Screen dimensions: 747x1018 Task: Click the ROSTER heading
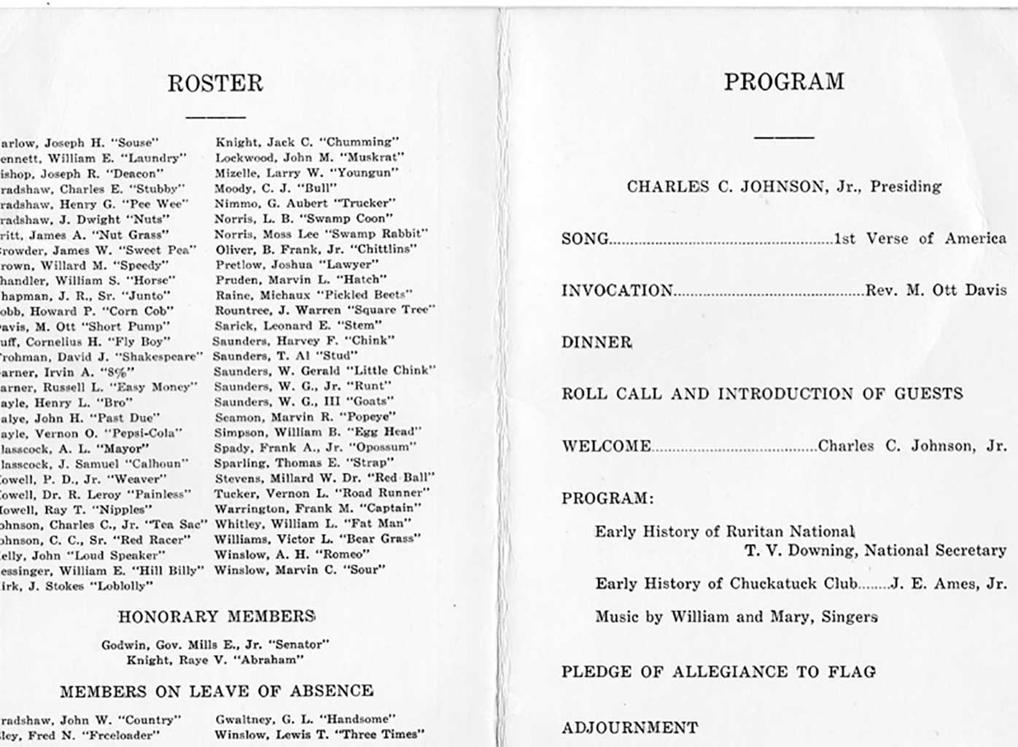pos(215,83)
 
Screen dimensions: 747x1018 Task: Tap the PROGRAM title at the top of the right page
pos(784,81)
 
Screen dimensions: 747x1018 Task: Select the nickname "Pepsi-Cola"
pos(145,433)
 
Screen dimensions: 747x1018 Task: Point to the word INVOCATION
pos(617,290)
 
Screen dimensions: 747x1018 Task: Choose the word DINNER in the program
pos(597,342)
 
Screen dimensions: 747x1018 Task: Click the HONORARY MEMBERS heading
pos(216,617)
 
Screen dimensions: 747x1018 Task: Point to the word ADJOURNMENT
pos(629,728)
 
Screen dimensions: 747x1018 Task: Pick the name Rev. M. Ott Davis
pos(936,290)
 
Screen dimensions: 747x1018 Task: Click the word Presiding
pos(906,187)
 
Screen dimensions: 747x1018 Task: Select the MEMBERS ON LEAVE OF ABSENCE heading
pos(217,692)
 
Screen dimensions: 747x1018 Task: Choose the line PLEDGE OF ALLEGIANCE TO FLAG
pos(718,672)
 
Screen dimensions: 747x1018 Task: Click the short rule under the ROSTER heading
pos(215,116)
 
